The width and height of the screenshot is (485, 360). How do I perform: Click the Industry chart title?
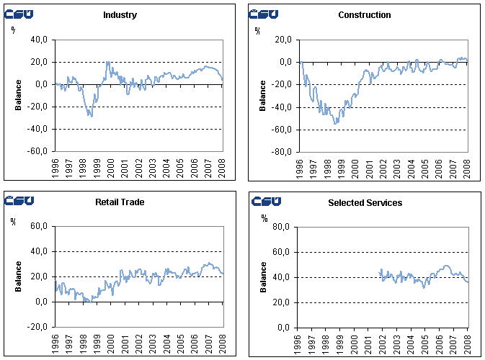click(x=120, y=15)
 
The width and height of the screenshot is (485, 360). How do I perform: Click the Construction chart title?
click(x=364, y=15)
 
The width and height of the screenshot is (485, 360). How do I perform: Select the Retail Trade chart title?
click(x=120, y=202)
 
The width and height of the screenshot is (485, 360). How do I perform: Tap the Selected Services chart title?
click(x=365, y=203)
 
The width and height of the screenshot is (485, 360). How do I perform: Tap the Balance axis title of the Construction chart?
click(x=262, y=96)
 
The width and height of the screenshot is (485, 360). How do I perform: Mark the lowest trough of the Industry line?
click(x=91, y=116)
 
